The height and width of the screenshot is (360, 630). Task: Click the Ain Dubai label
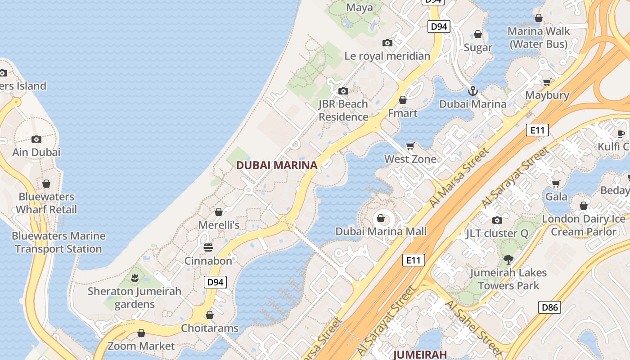36,152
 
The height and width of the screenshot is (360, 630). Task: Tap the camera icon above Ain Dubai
36,139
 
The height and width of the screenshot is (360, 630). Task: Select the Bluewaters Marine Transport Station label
58,242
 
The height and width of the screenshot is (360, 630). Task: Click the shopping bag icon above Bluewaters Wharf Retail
46,184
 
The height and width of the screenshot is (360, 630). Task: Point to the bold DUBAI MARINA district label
277,165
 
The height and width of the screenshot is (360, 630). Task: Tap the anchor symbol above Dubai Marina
472,91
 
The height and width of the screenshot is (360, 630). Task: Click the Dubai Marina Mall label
381,231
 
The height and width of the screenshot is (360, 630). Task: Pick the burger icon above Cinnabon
208,247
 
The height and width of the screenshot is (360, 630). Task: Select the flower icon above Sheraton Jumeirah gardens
134,278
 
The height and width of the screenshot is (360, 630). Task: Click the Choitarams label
210,328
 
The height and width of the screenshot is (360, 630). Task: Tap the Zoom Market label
141,346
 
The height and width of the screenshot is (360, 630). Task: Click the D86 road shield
549,308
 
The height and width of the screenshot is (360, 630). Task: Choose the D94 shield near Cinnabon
215,282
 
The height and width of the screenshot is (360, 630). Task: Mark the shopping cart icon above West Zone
410,146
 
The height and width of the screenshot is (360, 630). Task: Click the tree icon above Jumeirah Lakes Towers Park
508,259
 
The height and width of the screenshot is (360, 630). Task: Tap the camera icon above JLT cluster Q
497,220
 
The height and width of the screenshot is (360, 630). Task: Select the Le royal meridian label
387,56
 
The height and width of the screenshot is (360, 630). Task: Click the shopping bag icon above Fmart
403,100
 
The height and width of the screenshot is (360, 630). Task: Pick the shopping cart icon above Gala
556,184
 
